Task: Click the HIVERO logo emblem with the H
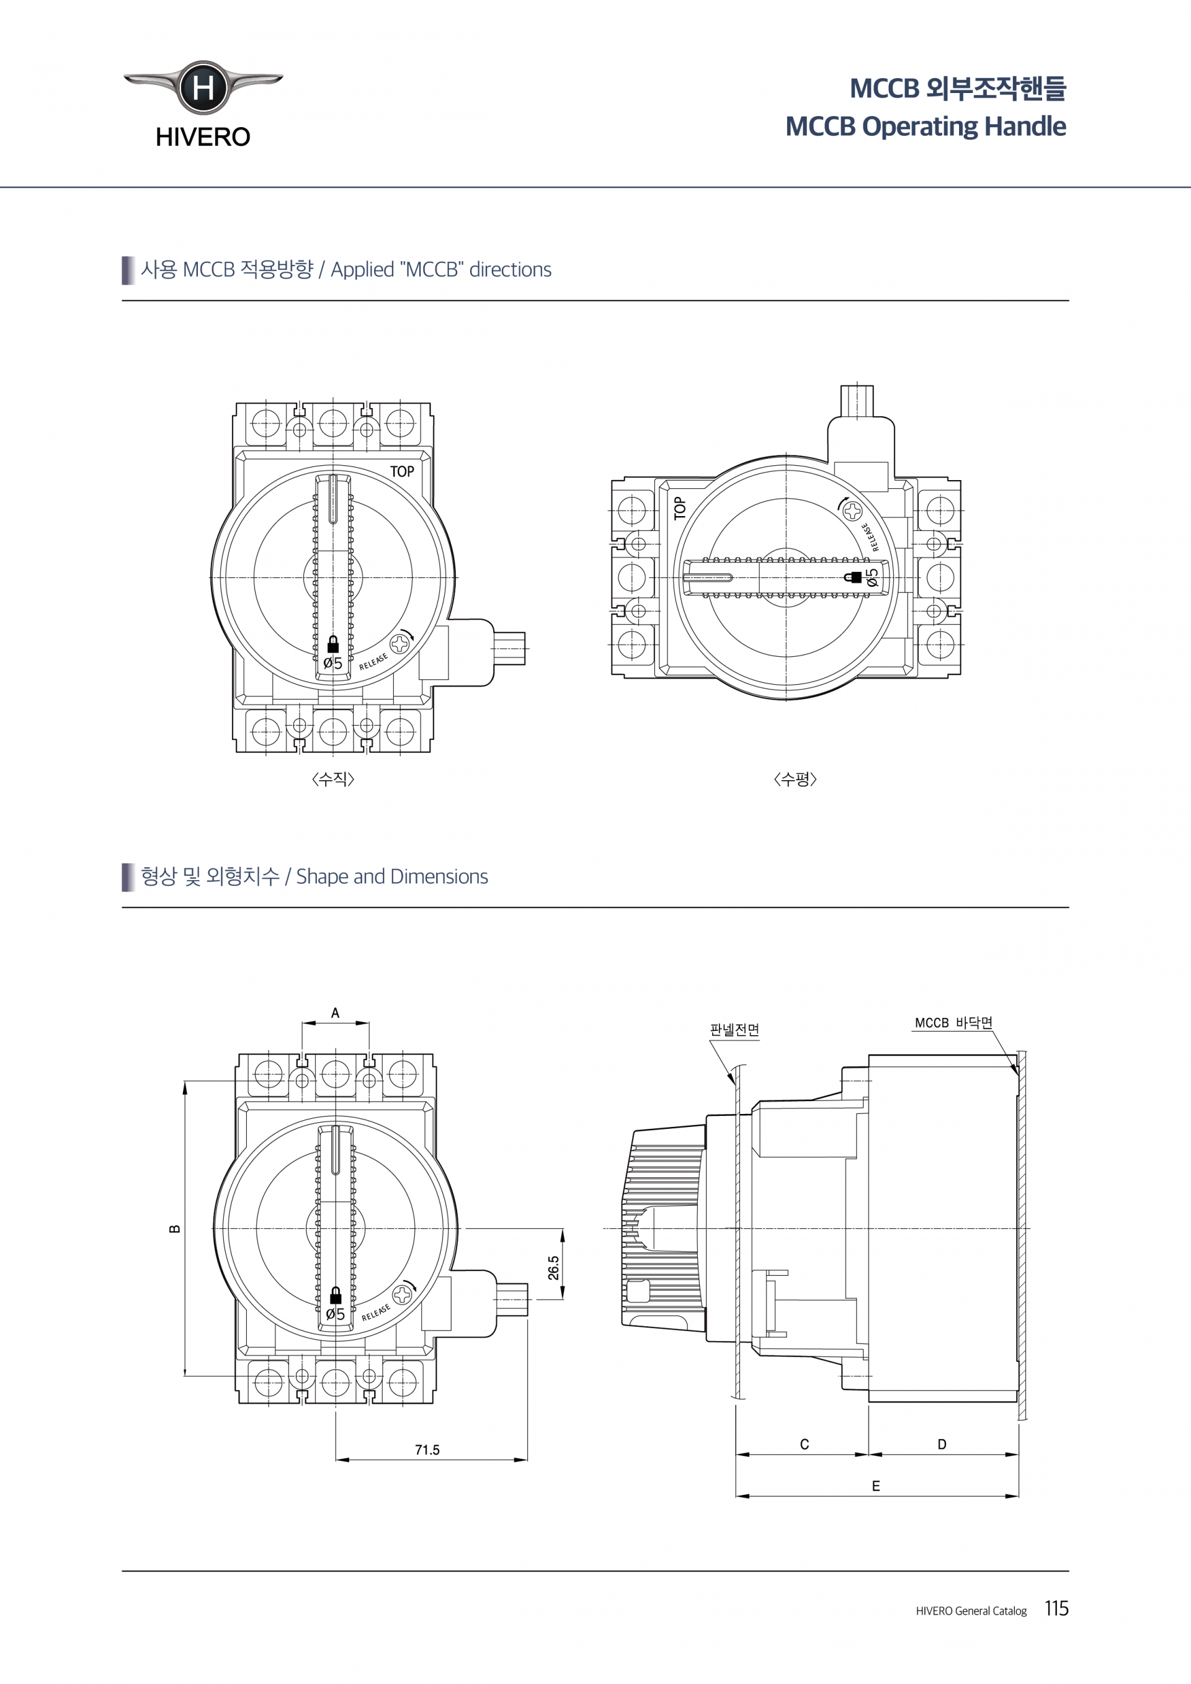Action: point(203,87)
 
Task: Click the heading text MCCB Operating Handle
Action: point(926,126)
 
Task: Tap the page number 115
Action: point(1057,1608)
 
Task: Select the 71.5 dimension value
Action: point(427,1450)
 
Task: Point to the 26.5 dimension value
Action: point(554,1267)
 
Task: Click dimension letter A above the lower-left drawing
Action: point(335,1013)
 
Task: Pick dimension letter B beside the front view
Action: point(174,1229)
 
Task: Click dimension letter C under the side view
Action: point(805,1444)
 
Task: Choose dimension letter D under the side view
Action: point(942,1444)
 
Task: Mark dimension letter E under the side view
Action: point(876,1486)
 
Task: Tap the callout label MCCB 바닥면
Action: point(953,1022)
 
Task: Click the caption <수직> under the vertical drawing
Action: point(333,778)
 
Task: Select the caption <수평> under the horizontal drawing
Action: point(795,778)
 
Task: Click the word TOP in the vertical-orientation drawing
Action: point(402,471)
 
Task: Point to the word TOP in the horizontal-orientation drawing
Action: point(680,507)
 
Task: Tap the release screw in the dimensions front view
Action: point(403,1294)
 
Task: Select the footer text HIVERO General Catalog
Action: point(971,1611)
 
